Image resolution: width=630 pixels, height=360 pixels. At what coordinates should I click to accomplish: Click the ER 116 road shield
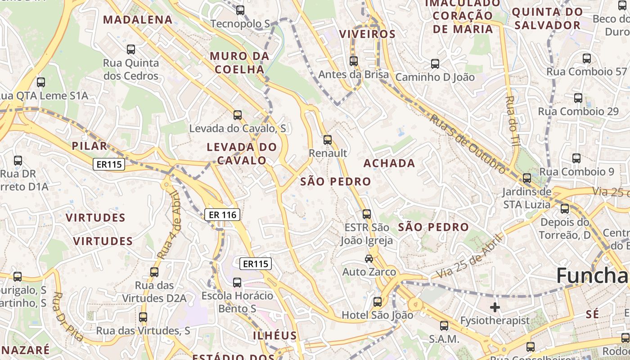tap(223, 215)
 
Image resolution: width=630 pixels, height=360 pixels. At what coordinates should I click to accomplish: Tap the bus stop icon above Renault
tap(328, 140)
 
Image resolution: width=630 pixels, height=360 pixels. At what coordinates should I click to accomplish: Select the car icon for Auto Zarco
tap(369, 258)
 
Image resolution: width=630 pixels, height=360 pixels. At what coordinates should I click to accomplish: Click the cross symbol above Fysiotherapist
tap(495, 307)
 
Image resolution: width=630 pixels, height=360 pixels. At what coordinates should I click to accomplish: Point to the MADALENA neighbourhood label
tap(138, 19)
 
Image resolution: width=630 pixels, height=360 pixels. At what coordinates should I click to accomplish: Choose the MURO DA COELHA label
tap(239, 63)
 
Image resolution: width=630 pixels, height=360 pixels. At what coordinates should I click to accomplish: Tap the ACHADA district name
tap(389, 163)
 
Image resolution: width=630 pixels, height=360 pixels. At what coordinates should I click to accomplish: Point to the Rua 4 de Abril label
tap(169, 225)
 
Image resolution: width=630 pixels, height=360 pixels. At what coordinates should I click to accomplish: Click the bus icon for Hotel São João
tap(378, 301)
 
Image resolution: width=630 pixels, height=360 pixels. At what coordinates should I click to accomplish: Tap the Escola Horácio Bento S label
tap(237, 302)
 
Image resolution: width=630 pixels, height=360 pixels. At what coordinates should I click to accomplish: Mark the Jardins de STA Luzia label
tap(526, 198)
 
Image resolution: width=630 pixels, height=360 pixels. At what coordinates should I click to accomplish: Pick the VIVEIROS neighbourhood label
tap(367, 34)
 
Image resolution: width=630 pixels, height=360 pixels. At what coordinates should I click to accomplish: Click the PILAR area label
tap(90, 146)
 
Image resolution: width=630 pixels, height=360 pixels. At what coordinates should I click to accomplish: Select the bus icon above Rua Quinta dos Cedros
tap(131, 49)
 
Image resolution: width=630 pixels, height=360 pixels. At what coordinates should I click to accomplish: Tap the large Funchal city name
tap(592, 275)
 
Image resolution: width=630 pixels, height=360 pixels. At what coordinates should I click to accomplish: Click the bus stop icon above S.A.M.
tap(444, 325)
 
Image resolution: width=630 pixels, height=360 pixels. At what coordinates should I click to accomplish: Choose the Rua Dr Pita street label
tap(68, 316)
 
